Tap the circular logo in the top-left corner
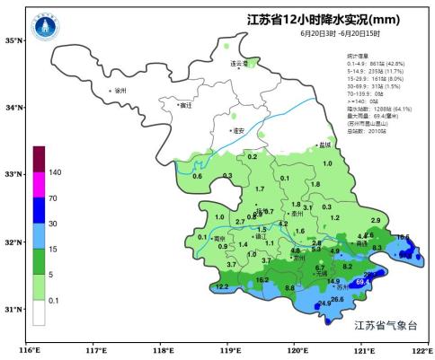[43, 27]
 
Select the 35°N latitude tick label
[13, 40]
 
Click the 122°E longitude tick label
[419, 349]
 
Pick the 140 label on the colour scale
[54, 171]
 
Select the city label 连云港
[238, 65]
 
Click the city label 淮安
[238, 130]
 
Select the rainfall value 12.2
[222, 287]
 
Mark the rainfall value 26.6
[337, 299]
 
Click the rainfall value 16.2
[262, 279]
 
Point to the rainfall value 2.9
[375, 220]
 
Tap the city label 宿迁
[186, 105]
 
